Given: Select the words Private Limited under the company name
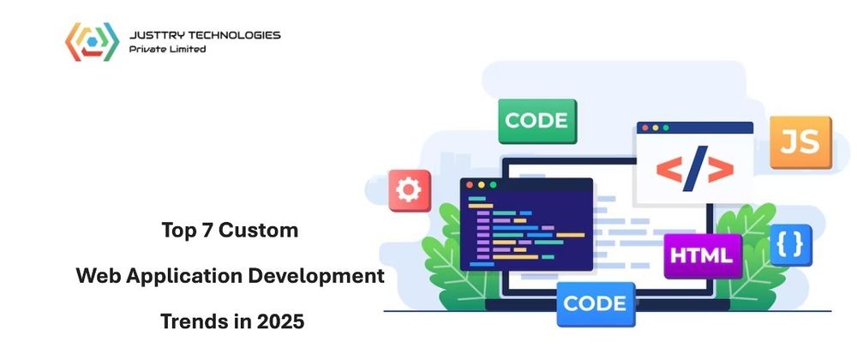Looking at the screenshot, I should [x=167, y=49].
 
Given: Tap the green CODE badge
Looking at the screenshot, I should [x=536, y=121].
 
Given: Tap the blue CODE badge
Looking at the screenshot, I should [x=595, y=303].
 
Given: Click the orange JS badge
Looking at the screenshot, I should [x=800, y=141].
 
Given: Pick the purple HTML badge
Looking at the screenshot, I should [x=702, y=255].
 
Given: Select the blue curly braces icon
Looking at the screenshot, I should [x=789, y=245].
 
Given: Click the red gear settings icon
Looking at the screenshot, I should [x=410, y=190].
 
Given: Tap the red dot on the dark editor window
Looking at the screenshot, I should [x=469, y=184].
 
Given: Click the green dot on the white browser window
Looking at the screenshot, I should [x=666, y=128].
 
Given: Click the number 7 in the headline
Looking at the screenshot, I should [x=206, y=231].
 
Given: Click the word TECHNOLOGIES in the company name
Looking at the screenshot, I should [x=234, y=35].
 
